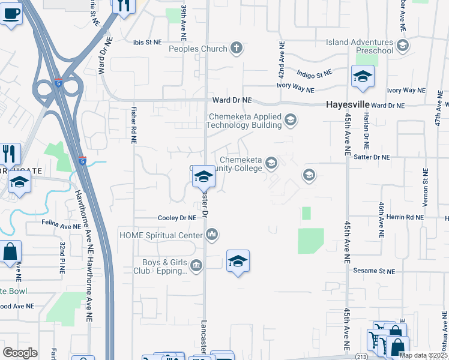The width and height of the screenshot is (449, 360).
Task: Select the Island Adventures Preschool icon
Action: coord(402,46)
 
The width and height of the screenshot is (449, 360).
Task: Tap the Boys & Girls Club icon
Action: coord(196,265)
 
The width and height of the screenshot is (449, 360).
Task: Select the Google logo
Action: coord(20,352)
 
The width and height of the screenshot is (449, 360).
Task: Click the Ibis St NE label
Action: coord(148,42)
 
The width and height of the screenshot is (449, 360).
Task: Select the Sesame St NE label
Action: coord(374,271)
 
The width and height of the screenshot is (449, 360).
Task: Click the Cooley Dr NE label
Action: coord(177,218)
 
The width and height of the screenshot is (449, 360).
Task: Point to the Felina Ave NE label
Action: coord(61,226)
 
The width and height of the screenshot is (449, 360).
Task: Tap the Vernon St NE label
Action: coord(424,188)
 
